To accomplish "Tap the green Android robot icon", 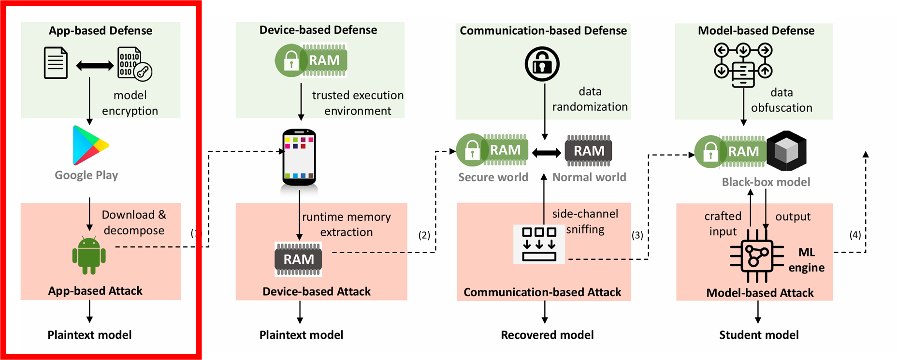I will pos(89,256).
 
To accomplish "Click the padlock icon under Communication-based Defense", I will pos(542,64).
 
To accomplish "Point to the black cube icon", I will pos(786,151).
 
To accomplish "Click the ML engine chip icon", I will pos(756,256).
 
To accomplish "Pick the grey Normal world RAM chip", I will pos(589,151).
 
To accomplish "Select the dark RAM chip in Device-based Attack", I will pos(298,259).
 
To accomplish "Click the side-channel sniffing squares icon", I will pos(539,244).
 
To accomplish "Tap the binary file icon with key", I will pos(134,63).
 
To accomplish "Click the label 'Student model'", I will pos(759,335).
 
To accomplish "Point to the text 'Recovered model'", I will pos(547,335).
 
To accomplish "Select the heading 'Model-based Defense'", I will pos(756,30).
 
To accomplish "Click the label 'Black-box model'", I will pos(766,182).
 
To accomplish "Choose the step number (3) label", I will pos(637,235).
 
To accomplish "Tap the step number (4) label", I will pos(855,235).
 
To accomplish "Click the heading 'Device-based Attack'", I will pos(317,291).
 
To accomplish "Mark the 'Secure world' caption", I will pos(493,177).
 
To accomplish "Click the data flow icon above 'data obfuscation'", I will pos(743,65).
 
